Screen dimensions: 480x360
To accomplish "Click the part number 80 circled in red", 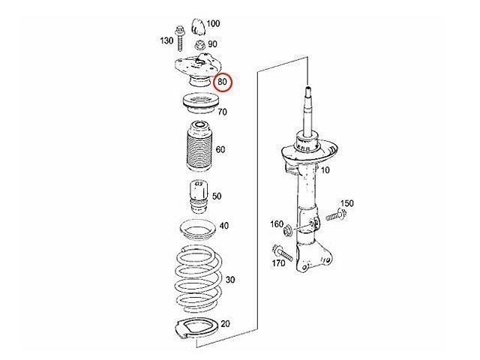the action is (223, 82).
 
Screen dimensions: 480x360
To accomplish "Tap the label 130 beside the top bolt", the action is (166, 40).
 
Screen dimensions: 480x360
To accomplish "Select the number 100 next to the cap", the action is (213, 23).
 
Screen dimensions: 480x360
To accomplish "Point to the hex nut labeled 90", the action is (199, 46).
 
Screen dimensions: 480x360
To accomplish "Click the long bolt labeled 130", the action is (180, 39).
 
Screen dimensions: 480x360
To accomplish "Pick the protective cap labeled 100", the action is (198, 27).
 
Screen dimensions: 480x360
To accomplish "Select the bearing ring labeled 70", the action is (201, 103).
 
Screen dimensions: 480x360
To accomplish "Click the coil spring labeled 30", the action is (198, 279).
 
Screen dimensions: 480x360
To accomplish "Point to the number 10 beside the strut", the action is (325, 170).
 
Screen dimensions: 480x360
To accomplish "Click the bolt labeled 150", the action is (336, 215).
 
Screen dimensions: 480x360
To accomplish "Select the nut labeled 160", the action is (288, 230).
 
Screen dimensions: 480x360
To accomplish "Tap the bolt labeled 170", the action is (282, 253).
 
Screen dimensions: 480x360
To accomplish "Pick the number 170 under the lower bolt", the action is (278, 263).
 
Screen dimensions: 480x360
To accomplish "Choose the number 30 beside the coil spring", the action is (230, 280).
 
